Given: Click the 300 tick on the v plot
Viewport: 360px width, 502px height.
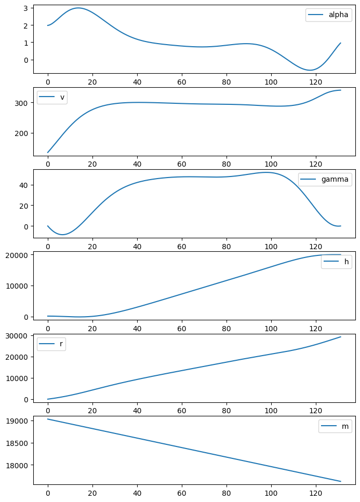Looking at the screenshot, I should coord(24,103).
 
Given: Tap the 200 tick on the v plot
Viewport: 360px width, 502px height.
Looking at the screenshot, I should coord(24,133).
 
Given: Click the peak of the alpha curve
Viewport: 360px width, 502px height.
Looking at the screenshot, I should coord(78,8).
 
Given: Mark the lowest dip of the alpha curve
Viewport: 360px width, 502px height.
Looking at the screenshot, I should coord(310,70).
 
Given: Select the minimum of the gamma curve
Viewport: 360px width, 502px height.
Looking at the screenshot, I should coord(63,235).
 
